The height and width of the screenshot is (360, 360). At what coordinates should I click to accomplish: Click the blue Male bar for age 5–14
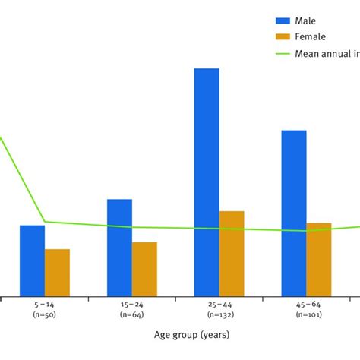coord(32,261)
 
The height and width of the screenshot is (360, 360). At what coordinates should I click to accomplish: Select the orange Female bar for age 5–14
coord(57,273)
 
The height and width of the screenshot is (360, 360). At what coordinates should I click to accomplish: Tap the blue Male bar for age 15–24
coord(119,248)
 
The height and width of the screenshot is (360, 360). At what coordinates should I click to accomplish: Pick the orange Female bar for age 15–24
coord(144,269)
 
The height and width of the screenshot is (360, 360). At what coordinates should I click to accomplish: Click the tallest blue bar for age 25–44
coord(207,182)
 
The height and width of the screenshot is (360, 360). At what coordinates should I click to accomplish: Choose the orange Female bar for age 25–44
coord(232,254)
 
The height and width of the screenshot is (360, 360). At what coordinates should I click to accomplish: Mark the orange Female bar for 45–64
coord(319,259)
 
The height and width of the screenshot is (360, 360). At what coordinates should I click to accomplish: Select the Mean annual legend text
coord(327,52)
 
